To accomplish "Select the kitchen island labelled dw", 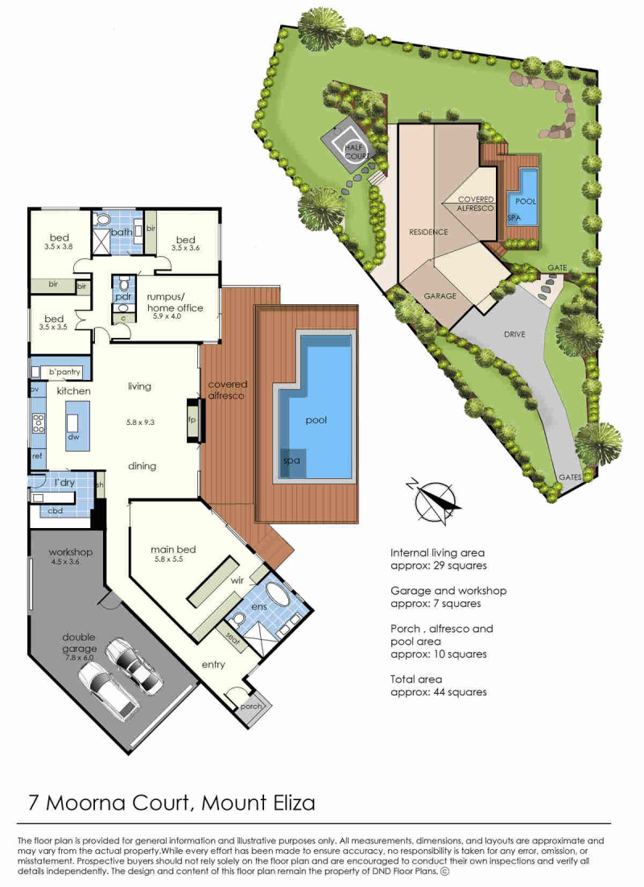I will (x=77, y=426).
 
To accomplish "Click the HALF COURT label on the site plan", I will (x=354, y=152).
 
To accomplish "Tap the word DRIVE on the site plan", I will (x=515, y=333).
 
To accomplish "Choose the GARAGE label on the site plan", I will (x=440, y=296).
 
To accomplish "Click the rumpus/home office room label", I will (x=175, y=302).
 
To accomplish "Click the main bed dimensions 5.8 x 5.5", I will (x=173, y=561).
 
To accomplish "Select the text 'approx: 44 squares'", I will (x=439, y=691).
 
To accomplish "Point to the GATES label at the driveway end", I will (x=570, y=477).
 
